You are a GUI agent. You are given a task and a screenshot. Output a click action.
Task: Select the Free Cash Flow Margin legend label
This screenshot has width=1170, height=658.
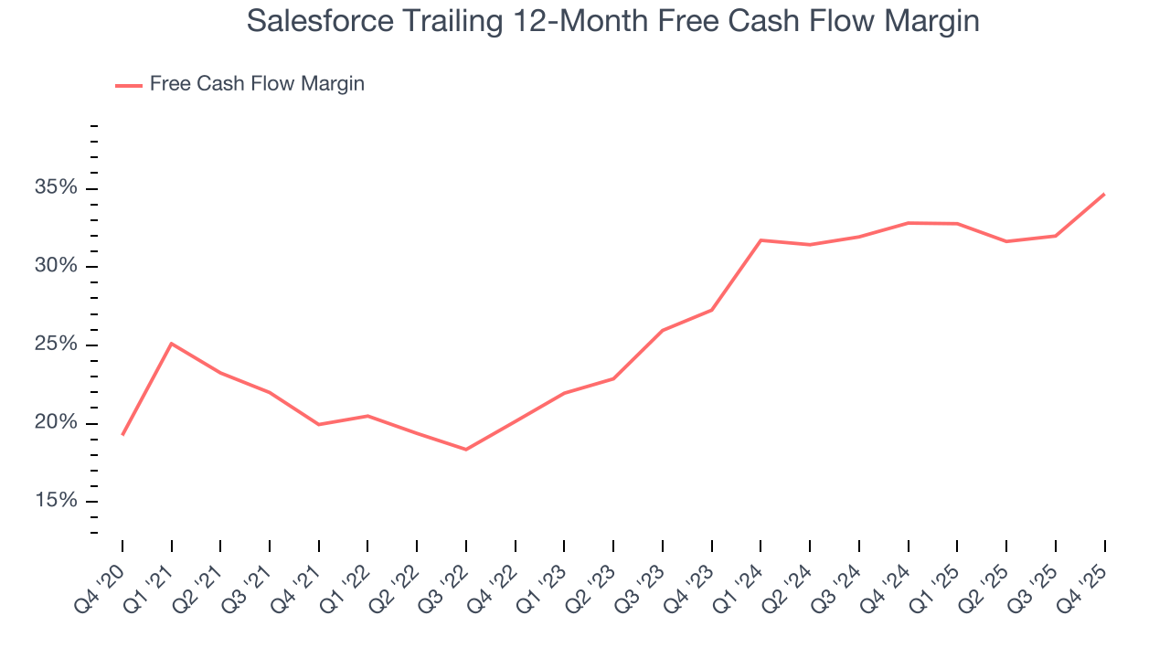[x=257, y=84]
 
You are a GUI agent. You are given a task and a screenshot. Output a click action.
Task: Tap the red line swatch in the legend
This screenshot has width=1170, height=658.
[x=129, y=85]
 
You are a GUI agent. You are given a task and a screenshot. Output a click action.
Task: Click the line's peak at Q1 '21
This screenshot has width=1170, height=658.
[x=171, y=344]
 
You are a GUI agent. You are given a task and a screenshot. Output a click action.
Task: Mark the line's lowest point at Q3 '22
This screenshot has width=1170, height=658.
[x=466, y=450]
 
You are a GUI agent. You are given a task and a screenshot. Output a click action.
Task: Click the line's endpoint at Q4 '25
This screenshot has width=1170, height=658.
[x=1104, y=194]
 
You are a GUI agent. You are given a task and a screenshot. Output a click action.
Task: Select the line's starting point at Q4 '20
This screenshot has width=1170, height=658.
[x=122, y=435]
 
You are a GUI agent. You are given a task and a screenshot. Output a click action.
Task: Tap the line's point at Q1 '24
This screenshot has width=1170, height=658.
[x=760, y=240]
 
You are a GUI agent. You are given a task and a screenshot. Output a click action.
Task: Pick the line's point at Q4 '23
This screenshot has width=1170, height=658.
[x=711, y=310]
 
